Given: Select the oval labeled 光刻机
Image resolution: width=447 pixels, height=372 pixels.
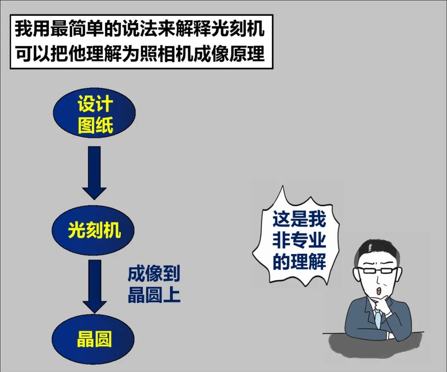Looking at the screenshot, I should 94,230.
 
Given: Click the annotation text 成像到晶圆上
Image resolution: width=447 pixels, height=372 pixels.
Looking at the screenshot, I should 154,285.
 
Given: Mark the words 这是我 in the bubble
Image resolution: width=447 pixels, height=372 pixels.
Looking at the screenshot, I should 299,220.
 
